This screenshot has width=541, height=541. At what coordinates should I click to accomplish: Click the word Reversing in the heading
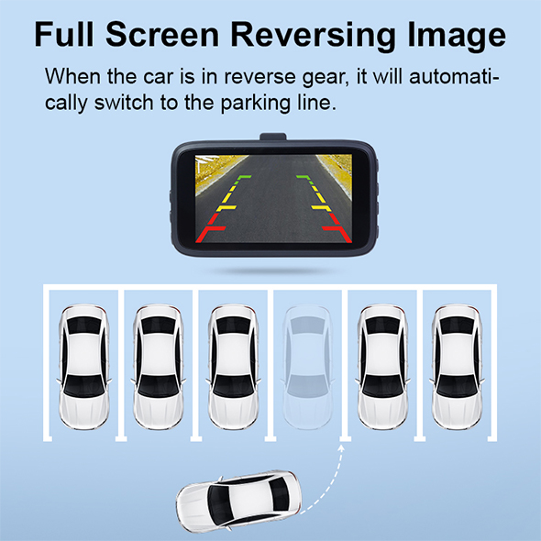point(314,36)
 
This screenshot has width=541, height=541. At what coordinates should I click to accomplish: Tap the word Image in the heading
point(457,36)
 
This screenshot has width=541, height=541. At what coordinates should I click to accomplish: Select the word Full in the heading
point(64,34)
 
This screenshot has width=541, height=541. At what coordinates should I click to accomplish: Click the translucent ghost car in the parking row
point(308,367)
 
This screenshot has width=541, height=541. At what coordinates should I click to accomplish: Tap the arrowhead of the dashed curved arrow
point(341,447)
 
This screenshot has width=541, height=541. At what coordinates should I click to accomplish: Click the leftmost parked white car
point(83,367)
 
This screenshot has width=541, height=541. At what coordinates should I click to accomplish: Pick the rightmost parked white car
point(457,367)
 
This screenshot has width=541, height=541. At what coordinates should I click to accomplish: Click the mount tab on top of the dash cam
point(273,137)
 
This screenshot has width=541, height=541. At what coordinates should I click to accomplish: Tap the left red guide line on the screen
point(210,228)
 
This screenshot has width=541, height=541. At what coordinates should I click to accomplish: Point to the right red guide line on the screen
point(337,228)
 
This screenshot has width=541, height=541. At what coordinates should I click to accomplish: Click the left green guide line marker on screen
point(243,179)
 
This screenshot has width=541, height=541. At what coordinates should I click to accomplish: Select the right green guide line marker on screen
point(304,179)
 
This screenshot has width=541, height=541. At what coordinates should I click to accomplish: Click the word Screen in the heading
point(162,34)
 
